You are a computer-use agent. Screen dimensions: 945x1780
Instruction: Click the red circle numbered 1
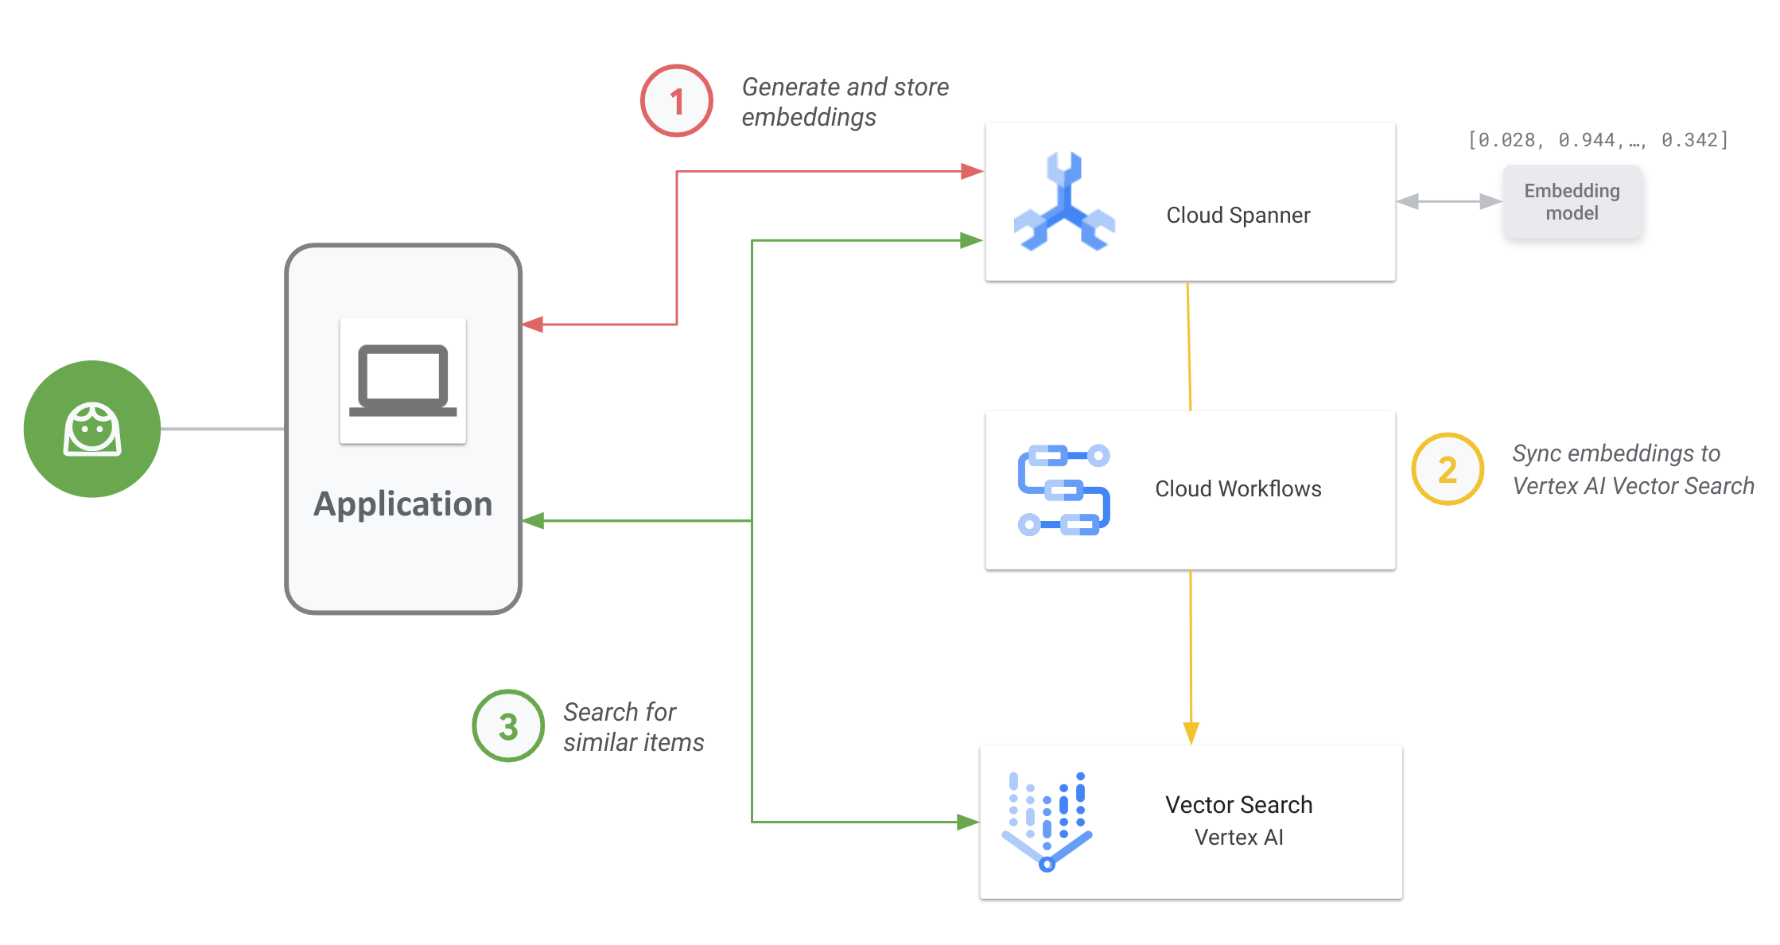[676, 101]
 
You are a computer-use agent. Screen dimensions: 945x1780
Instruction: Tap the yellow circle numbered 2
[1447, 469]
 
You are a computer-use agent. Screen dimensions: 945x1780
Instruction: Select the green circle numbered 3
[508, 725]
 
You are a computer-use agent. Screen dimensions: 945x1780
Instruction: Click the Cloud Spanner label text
[1238, 215]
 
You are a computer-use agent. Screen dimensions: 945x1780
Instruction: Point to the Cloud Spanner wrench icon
[1064, 202]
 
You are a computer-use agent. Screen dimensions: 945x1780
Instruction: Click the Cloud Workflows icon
[1063, 489]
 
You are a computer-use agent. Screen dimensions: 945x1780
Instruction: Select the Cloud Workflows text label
[1238, 488]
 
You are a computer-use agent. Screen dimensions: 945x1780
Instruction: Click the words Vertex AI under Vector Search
[1238, 837]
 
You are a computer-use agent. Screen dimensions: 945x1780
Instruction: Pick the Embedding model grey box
[1572, 202]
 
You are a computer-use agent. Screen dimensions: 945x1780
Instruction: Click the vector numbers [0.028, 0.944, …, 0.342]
[1597, 140]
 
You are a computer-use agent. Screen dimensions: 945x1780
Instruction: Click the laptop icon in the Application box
[402, 380]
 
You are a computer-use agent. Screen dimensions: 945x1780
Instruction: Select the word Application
[402, 504]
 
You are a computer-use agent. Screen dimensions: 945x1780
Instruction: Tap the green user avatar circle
[92, 429]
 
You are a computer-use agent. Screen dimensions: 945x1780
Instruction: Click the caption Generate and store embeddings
[845, 102]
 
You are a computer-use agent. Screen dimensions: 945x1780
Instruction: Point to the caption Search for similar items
[633, 726]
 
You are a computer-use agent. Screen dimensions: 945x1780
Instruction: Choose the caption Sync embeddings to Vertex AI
[1632, 469]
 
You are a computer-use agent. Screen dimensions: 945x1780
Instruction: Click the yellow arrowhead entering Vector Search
[1191, 732]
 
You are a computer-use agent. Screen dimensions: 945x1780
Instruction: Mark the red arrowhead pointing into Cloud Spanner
[971, 171]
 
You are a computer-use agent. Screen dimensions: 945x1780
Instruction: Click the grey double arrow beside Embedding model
[1448, 202]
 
